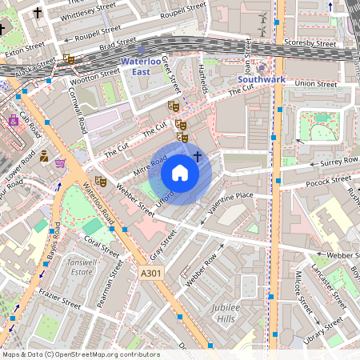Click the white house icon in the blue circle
[x=180, y=172]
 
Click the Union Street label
[x=315, y=82]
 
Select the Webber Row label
[x=202, y=270]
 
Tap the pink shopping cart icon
[x=61, y=163]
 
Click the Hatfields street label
[x=202, y=78]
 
